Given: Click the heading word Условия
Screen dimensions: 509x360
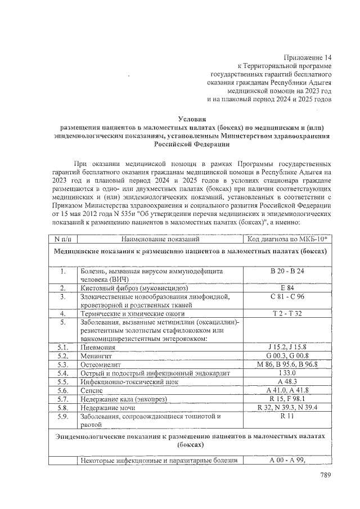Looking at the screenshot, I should (192, 119).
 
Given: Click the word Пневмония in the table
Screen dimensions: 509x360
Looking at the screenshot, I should (100, 347).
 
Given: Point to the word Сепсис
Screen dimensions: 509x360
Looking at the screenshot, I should (93, 390).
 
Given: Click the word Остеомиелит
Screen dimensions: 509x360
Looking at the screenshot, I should (102, 364).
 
